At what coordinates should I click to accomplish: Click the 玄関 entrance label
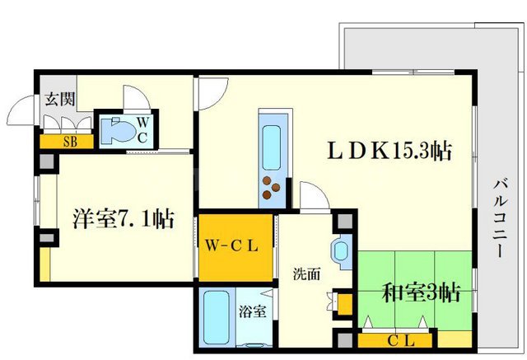point(58,100)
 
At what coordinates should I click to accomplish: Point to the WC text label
point(142,130)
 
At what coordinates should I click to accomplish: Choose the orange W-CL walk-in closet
point(234,245)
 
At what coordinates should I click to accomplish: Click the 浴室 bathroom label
point(252,312)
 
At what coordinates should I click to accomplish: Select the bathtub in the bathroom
point(217,317)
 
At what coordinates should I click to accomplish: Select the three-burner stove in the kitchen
point(273,189)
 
